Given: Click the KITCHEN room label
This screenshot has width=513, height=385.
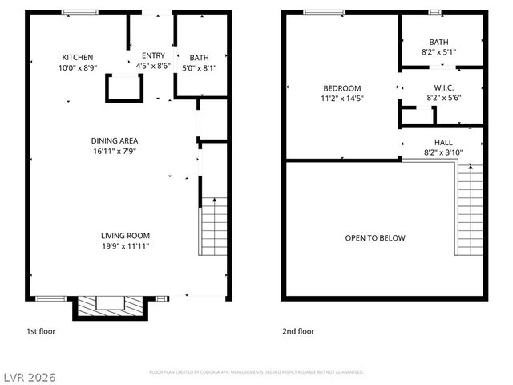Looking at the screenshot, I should coord(78,57).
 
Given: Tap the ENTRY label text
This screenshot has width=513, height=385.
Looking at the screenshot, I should coord(153,55).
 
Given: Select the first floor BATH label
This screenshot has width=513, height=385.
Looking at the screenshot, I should coord(199,58).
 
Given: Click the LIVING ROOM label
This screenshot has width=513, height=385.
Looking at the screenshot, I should coord(125,236).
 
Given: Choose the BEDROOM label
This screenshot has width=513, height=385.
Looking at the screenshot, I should coord(342,88).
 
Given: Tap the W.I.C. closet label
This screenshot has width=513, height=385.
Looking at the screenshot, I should coord(442,87).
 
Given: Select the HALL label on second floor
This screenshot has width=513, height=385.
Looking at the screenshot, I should coord(442,142).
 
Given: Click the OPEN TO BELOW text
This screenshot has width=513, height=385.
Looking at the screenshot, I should coord(375,238).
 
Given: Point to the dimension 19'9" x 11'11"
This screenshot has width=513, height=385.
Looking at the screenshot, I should coord(125,246).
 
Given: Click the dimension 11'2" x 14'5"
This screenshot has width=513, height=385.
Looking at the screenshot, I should coord(342,99).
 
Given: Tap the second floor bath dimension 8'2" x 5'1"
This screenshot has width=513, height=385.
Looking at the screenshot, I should coord(439,52).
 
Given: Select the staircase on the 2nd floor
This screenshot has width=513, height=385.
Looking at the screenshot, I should coord(470,209).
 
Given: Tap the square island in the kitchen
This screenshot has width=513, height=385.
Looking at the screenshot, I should coord(123,87).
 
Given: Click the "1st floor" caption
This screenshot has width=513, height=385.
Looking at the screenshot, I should coord(41,330).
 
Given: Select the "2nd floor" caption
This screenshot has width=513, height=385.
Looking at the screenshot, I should coord(298,330).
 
